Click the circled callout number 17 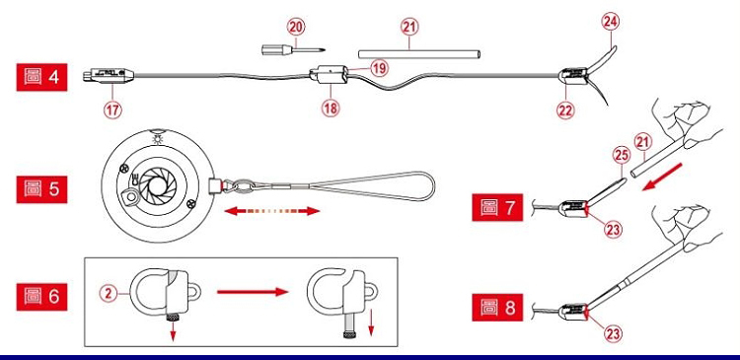tap(112, 109)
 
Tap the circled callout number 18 tap(331, 108)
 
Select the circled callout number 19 tap(379, 68)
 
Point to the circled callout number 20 tap(296, 28)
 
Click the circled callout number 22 tap(565, 110)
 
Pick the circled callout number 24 tap(611, 22)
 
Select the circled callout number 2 tap(109, 294)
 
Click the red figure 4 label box tap(41, 77)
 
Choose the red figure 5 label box tap(41, 189)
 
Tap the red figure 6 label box tap(41, 297)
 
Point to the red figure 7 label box tap(497, 207)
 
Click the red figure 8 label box tap(497, 307)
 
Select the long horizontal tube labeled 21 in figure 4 tap(419, 54)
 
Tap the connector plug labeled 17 tap(109, 75)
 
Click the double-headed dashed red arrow tap(272, 211)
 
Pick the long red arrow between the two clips tap(253, 292)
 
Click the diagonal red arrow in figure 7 tap(662, 177)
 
